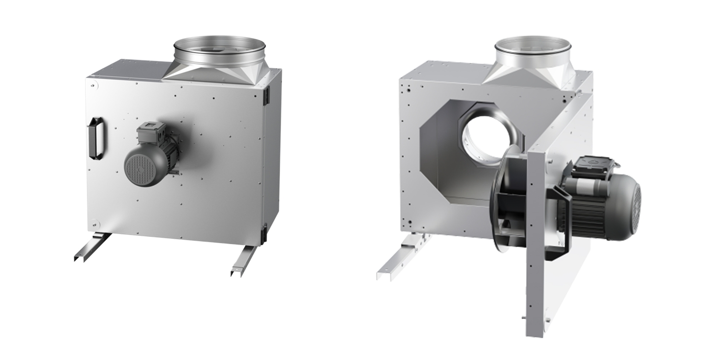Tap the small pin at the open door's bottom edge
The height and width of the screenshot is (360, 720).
[x=523, y=318]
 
